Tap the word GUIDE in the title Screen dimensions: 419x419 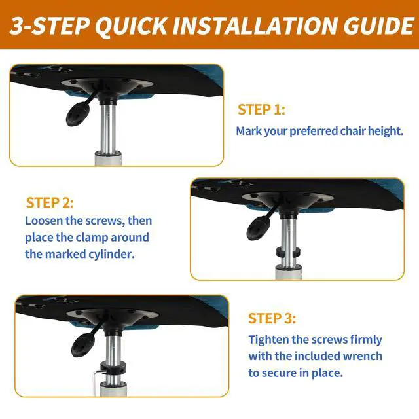tap(378, 26)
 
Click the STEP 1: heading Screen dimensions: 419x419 tap(261, 110)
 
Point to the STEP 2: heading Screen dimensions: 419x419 tap(50, 203)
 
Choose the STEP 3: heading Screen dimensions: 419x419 tap(272, 319)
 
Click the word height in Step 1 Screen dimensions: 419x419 tap(386, 131)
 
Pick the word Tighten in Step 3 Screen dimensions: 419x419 tap(268, 340)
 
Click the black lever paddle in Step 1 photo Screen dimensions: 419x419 tap(76, 115)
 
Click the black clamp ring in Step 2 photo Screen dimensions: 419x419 tap(287, 252)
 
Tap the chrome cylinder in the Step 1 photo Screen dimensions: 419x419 tap(108, 128)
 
